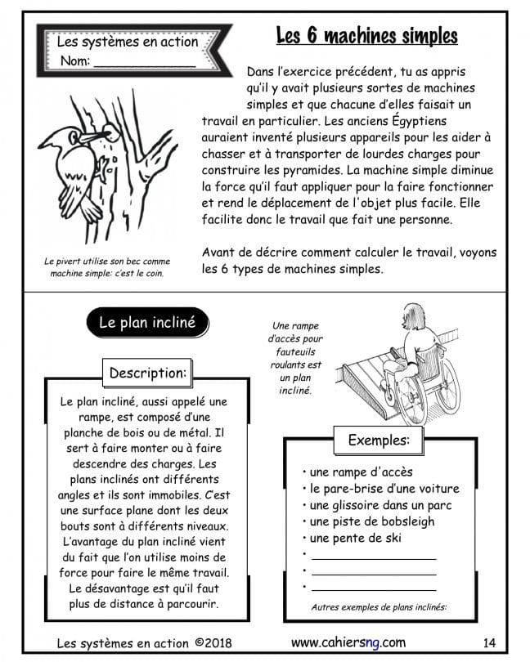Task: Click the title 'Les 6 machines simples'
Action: tap(366, 36)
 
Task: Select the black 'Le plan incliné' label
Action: tap(147, 323)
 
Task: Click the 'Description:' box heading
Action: tap(148, 373)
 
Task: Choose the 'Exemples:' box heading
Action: tap(379, 440)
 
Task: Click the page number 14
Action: tap(490, 642)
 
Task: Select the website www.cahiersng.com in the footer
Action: tap(348, 642)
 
